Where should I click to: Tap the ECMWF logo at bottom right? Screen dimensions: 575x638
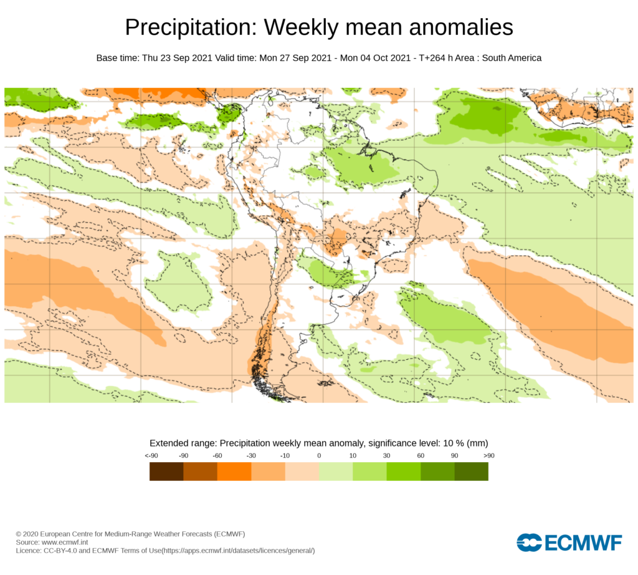(569, 543)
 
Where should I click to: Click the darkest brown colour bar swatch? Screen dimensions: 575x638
(166, 471)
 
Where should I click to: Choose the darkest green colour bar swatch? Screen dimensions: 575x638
(471, 471)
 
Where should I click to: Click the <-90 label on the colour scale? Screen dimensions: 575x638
(150, 456)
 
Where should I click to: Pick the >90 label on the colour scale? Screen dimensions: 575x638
(488, 456)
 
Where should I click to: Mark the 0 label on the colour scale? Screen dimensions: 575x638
(319, 456)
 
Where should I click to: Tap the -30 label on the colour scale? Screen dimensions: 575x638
(251, 456)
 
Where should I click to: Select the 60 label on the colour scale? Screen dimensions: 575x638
(421, 456)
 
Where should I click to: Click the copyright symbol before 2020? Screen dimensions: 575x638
(19, 534)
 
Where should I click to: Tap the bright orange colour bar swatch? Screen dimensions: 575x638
(234, 471)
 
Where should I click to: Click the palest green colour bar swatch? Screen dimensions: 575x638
(336, 471)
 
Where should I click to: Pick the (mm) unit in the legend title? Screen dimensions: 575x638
(477, 443)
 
